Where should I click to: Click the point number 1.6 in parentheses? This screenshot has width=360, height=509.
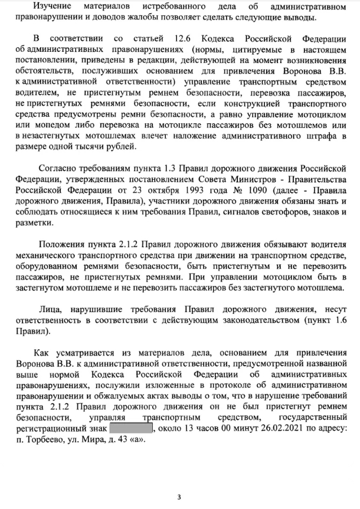(338, 318)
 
